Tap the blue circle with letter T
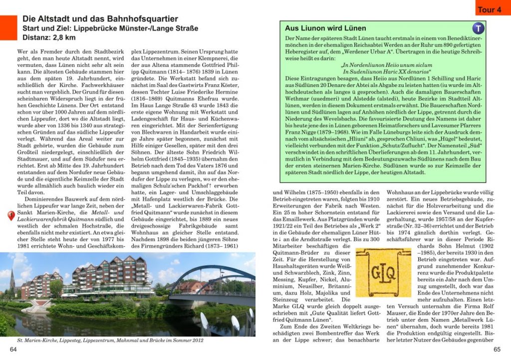tap(478, 28)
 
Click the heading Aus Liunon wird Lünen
tap(325, 28)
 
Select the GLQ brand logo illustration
tap(383, 273)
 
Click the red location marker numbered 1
tap(11, 215)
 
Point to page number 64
tap(13, 349)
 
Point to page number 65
tap(497, 349)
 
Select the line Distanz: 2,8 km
tap(49, 37)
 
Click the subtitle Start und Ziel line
tap(110, 28)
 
